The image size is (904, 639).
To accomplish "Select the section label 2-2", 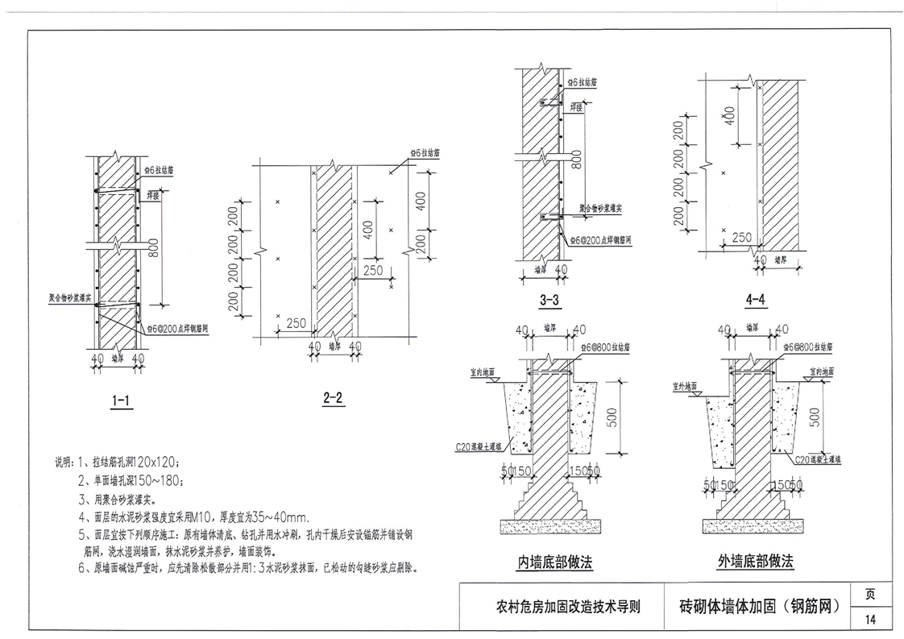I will click(x=332, y=397).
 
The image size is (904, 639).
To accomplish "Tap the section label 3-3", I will click(x=550, y=301).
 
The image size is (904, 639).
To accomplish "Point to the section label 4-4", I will click(x=755, y=301).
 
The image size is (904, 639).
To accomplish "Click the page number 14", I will click(x=871, y=620).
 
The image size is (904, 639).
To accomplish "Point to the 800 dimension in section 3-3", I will click(x=577, y=161).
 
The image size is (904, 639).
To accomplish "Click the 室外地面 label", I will click(x=684, y=387).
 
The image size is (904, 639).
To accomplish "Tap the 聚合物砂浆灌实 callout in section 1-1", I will click(x=71, y=297).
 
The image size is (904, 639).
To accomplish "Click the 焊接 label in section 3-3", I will click(x=576, y=105).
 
